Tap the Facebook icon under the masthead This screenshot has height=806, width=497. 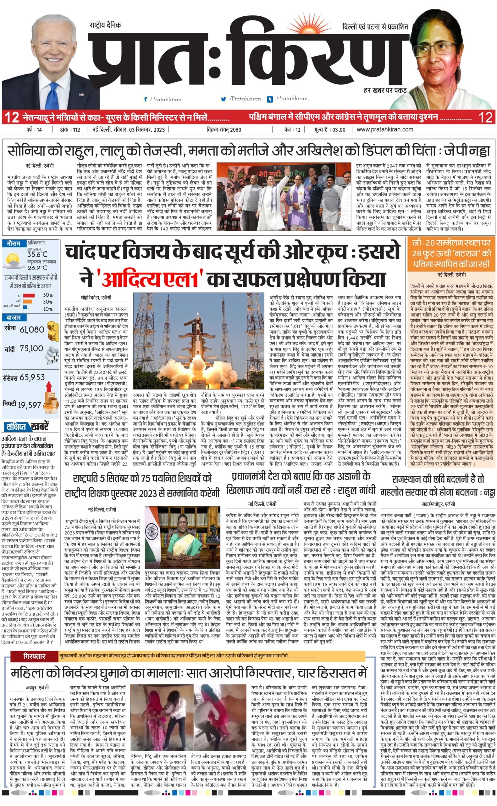pyautogui.click(x=146, y=99)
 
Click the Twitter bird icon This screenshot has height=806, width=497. pyautogui.click(x=224, y=99)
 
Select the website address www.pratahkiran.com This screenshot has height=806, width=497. pyautogui.click(x=385, y=129)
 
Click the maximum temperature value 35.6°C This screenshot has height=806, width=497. pyautogui.click(x=37, y=254)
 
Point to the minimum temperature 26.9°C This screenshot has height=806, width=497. pyautogui.click(x=37, y=268)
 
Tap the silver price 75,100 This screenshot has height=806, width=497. pyautogui.click(x=31, y=349)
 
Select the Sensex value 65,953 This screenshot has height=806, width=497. pyautogui.click(x=32, y=377)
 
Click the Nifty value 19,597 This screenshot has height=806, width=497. pyautogui.click(x=30, y=405)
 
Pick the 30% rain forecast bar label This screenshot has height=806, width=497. pyautogui.click(x=48, y=295)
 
